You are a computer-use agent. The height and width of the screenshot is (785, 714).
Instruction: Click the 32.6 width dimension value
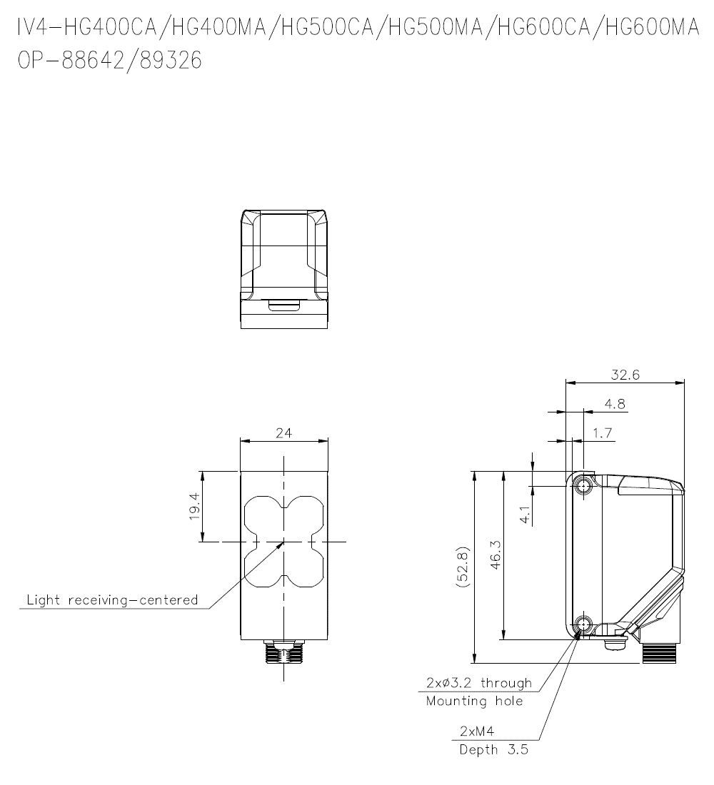tap(625, 375)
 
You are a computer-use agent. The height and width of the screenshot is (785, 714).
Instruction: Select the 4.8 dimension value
tap(615, 404)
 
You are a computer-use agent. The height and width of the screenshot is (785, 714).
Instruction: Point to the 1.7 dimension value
tap(603, 433)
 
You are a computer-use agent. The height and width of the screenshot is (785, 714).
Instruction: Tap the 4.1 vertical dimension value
tap(524, 515)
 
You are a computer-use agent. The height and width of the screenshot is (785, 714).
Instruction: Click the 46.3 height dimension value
tap(496, 555)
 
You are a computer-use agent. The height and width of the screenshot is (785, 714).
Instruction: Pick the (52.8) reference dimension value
tap(462, 567)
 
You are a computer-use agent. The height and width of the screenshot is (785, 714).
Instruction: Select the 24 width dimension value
tap(283, 433)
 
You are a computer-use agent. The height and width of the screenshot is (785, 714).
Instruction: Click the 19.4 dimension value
tap(194, 506)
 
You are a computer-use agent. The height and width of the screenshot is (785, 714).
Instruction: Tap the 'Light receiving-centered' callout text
tap(112, 599)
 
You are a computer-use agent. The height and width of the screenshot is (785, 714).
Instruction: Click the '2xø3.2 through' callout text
tap(479, 683)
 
